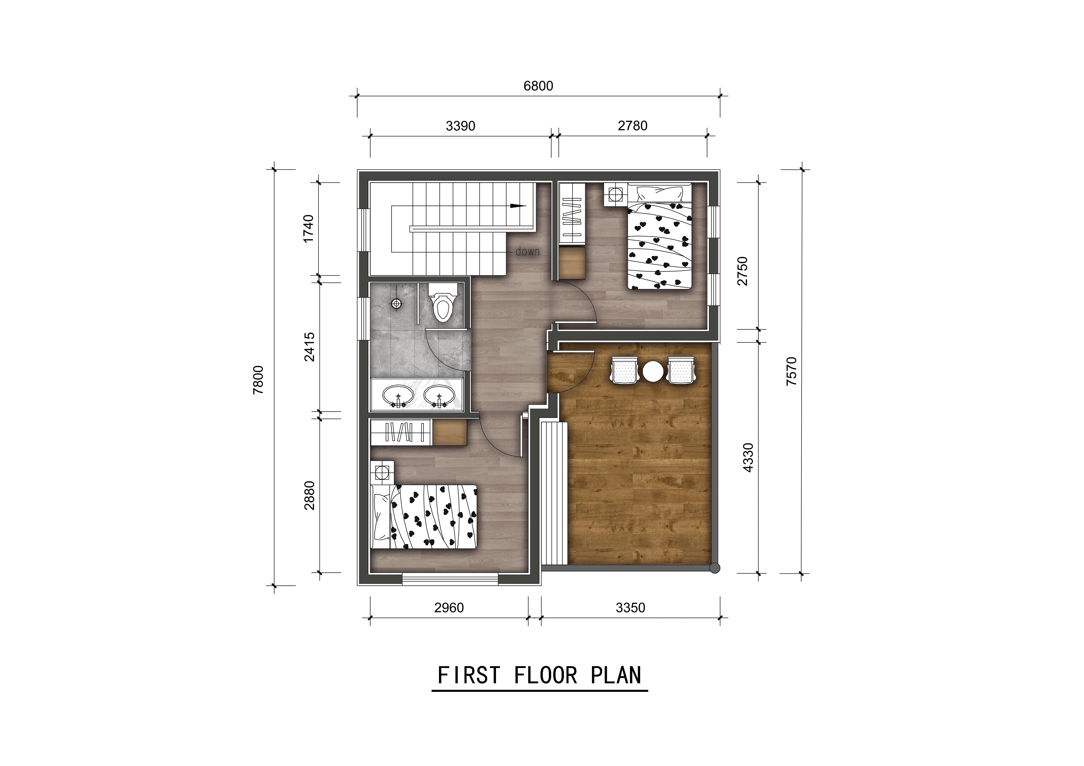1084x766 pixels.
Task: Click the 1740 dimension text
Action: click(x=308, y=229)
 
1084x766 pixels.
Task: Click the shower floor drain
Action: click(x=397, y=303)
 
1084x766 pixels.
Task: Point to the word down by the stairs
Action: click(x=527, y=252)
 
